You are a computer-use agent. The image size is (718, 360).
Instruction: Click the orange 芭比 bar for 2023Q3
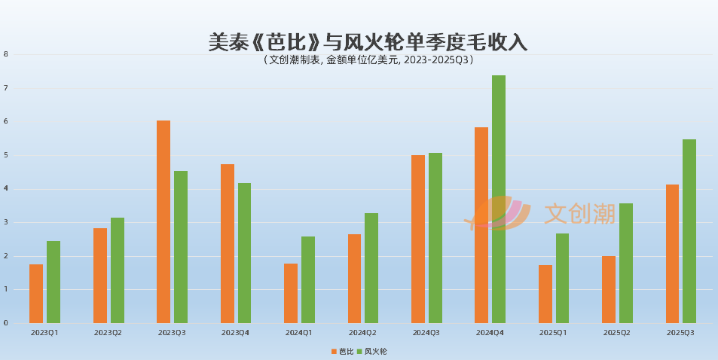click(x=163, y=221)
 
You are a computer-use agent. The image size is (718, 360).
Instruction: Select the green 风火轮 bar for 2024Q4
click(x=499, y=199)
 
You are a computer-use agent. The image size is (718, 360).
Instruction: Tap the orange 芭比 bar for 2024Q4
click(x=481, y=225)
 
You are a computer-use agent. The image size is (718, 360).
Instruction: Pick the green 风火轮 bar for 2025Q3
click(x=689, y=231)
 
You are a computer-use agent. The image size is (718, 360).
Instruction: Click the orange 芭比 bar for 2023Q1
click(x=36, y=294)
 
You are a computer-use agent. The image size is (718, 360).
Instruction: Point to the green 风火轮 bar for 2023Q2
click(x=118, y=270)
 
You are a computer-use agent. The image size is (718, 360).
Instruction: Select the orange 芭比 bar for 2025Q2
click(x=609, y=289)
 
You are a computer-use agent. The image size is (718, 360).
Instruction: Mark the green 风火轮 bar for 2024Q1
click(x=308, y=279)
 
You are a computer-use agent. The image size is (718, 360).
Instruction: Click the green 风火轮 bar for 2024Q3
click(x=435, y=238)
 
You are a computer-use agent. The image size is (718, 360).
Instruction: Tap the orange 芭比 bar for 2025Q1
click(x=545, y=294)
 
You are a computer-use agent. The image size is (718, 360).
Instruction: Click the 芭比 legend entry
click(x=342, y=352)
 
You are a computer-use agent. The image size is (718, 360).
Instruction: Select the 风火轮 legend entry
click(x=371, y=352)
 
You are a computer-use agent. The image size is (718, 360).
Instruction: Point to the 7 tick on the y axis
click(x=5, y=88)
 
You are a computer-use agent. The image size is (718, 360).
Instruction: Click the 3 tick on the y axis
click(x=5, y=222)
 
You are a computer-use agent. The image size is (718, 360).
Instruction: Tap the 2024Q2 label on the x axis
click(x=362, y=333)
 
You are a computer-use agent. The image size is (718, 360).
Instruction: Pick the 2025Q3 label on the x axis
click(x=680, y=333)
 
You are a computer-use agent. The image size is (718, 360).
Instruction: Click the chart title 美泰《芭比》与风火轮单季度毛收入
click(x=368, y=42)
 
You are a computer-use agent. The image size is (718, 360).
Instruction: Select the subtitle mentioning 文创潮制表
click(x=368, y=60)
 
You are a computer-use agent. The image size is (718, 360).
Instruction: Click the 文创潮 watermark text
click(x=579, y=214)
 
